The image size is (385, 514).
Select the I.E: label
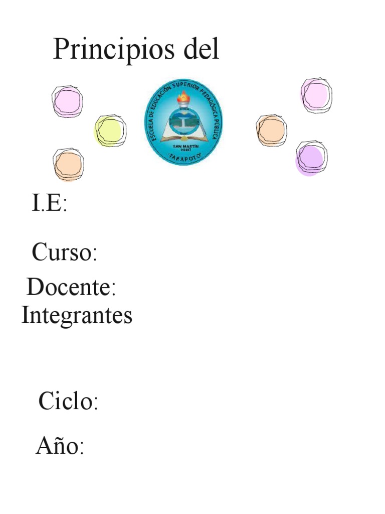[49, 204]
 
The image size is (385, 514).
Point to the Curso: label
[64, 252]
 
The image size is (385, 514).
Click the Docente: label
[71, 288]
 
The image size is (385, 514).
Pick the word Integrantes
[77, 316]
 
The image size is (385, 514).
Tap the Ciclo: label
[68, 402]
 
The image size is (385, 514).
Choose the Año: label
[60, 446]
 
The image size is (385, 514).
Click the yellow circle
[110, 131]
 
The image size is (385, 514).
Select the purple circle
[310, 158]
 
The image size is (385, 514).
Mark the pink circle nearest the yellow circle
[67, 101]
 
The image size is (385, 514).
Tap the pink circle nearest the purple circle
[316, 95]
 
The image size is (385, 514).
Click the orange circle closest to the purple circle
[271, 130]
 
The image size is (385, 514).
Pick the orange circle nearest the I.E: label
[68, 165]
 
